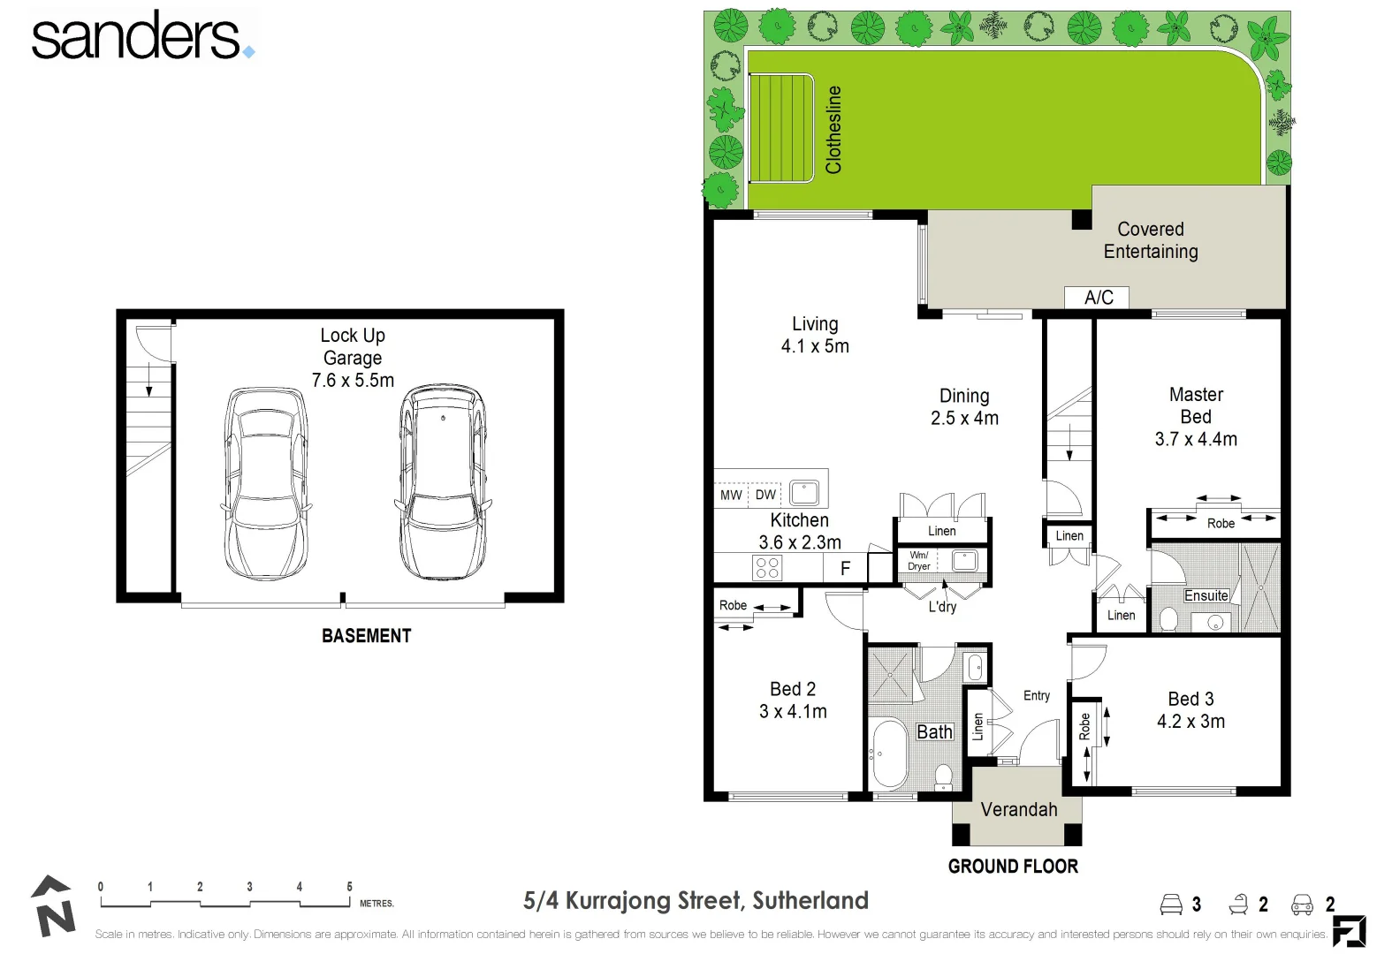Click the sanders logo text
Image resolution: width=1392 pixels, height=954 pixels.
coord(137,37)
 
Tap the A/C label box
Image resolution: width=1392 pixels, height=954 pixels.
coord(1098,298)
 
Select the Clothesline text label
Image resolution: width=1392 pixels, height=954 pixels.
coord(833,129)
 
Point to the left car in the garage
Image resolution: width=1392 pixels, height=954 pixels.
coord(265,483)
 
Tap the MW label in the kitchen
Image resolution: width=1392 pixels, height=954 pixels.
coord(731,496)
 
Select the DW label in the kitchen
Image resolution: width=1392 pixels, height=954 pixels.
coord(765,495)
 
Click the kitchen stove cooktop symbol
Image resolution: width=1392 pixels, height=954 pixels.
coord(767,567)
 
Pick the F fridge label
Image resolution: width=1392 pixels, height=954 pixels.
coord(845,569)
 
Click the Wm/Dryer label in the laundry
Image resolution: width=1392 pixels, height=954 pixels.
coord(919,561)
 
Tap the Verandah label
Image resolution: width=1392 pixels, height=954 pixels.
coord(1018,809)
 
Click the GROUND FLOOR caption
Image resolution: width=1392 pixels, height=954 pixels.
coord(1013,867)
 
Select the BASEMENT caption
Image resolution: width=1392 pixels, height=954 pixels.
coord(366,636)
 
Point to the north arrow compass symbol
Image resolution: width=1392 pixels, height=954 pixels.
coord(53,905)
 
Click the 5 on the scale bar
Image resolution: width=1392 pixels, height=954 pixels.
coord(349,887)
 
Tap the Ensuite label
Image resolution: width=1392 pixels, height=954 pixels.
coord(1206,596)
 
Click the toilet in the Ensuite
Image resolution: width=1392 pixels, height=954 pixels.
coord(1168,618)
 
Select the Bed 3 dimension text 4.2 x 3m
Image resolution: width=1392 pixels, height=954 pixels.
coord(1190,722)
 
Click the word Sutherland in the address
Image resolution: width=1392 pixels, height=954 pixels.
coord(810,901)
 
